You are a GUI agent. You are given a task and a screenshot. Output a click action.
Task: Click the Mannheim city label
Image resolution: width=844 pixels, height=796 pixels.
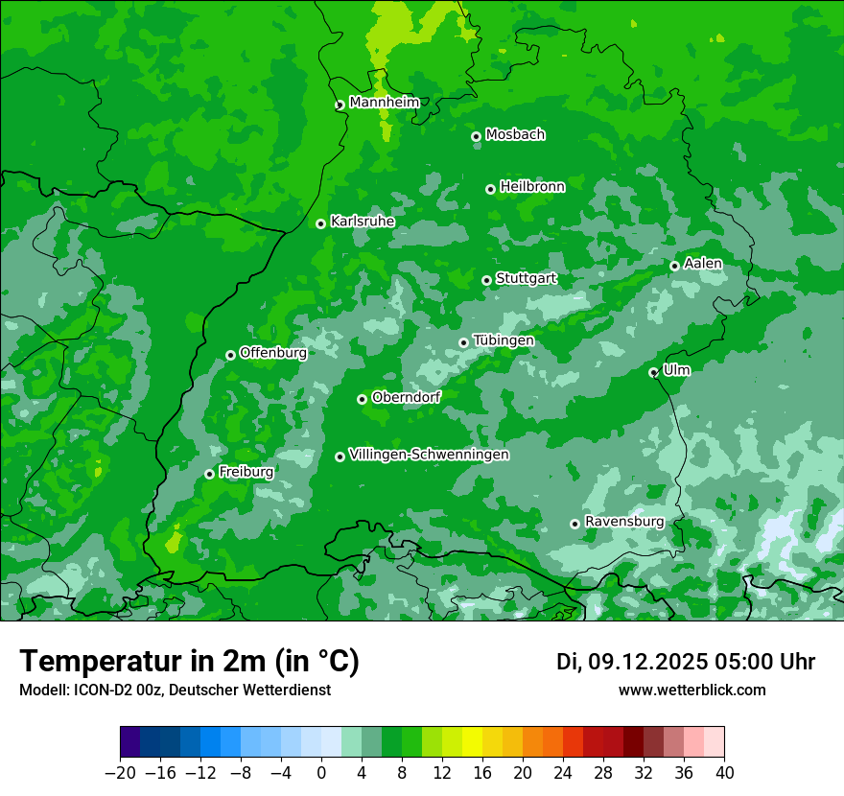click(x=384, y=103)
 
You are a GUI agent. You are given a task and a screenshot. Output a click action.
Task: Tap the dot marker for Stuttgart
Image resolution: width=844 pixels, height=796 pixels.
click(x=486, y=280)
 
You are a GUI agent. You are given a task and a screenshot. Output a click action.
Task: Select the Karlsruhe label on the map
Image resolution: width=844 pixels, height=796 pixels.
click(x=362, y=222)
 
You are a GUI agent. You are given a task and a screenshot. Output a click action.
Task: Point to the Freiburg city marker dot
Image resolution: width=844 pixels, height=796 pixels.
click(x=209, y=474)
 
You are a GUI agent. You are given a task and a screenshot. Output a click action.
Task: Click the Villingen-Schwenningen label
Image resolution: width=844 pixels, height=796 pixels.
click(x=429, y=455)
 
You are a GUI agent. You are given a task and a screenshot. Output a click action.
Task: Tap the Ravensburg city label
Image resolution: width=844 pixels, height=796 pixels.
click(x=623, y=522)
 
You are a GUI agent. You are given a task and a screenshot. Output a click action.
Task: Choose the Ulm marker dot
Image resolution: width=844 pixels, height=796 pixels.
click(x=653, y=372)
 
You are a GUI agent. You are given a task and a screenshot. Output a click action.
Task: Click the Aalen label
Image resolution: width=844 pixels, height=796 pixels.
click(x=702, y=264)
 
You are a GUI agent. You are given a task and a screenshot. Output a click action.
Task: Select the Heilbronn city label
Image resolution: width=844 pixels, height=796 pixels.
click(x=531, y=187)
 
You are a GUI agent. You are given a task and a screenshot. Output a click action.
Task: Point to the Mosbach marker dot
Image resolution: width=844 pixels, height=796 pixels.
click(x=476, y=136)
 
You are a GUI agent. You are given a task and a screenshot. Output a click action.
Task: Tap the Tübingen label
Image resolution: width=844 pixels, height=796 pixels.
click(x=503, y=340)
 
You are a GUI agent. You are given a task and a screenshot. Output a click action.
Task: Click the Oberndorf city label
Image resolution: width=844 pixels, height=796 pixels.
click(x=406, y=397)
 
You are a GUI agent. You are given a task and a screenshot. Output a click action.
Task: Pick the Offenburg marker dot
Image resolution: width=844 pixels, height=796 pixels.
click(x=230, y=355)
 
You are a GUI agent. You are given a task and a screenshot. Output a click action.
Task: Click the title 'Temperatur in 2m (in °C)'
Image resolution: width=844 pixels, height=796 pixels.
click(x=189, y=662)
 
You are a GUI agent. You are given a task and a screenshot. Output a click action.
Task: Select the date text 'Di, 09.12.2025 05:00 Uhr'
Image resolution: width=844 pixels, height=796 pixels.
click(x=686, y=662)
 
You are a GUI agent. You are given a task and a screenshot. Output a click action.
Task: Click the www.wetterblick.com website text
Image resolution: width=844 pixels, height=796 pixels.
click(x=692, y=690)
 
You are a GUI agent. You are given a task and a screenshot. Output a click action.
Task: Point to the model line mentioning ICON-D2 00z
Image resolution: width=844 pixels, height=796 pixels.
click(x=175, y=690)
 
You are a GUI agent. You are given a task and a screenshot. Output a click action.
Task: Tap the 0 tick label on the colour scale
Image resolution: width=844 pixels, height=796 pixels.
click(x=321, y=773)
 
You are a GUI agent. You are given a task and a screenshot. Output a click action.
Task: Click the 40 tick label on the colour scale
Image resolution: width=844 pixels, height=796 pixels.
click(x=724, y=773)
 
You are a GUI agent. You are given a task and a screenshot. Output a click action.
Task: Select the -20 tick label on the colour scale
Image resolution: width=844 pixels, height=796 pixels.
click(x=120, y=773)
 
